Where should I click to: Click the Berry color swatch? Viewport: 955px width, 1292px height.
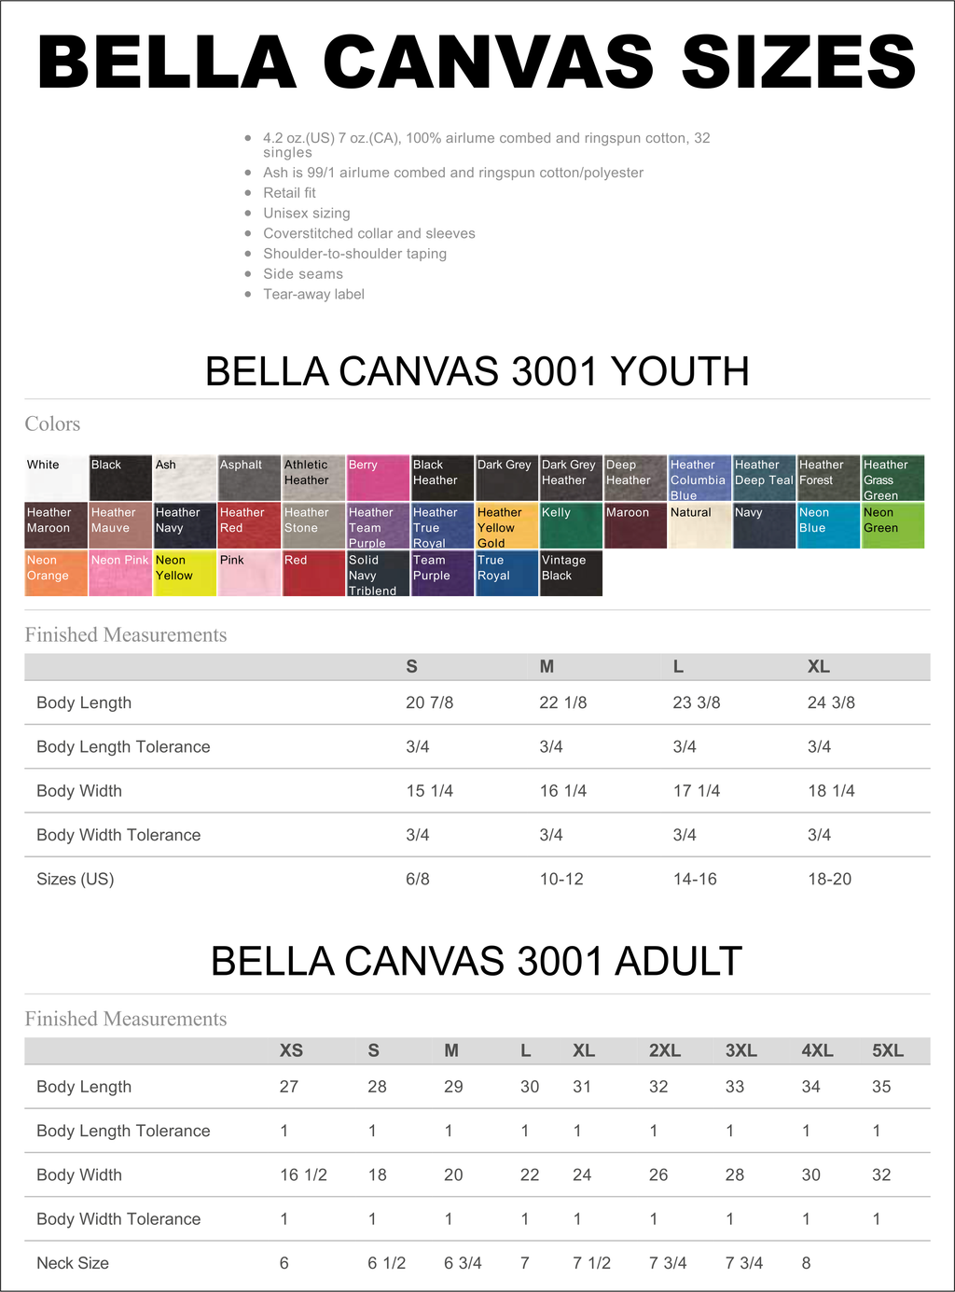pyautogui.click(x=378, y=479)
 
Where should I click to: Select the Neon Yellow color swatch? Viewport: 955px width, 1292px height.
pyautogui.click(x=185, y=573)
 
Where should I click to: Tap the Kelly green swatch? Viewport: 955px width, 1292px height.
pyautogui.click(x=571, y=525)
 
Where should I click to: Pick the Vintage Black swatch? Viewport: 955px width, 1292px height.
pyautogui.click(x=571, y=573)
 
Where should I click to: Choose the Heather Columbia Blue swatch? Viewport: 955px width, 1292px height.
pyautogui.click(x=699, y=479)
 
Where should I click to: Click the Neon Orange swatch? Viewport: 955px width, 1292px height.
pyautogui.click(x=56, y=573)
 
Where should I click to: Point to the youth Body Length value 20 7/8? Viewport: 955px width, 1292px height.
pyautogui.click(x=429, y=702)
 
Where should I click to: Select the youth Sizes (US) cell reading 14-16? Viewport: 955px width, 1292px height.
pyautogui.click(x=695, y=879)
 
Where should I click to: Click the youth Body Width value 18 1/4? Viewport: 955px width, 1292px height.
pyautogui.click(x=831, y=791)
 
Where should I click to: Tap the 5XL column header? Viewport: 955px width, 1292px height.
pyautogui.click(x=887, y=1050)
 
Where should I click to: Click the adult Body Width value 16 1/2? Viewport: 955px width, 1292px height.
pyautogui.click(x=303, y=1174)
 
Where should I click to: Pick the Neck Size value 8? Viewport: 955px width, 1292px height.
pyautogui.click(x=806, y=1263)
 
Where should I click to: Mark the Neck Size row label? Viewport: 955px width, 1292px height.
pyautogui.click(x=73, y=1263)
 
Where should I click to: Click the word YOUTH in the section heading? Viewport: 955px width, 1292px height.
pyautogui.click(x=680, y=371)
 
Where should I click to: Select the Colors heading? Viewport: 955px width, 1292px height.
pyautogui.click(x=52, y=424)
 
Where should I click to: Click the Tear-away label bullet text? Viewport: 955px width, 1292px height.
pyautogui.click(x=313, y=294)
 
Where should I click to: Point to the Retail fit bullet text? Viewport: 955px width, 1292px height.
pyautogui.click(x=289, y=193)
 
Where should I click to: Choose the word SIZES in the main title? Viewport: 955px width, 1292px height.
pyautogui.click(x=798, y=63)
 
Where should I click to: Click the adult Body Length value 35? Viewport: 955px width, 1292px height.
pyautogui.click(x=881, y=1087)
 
